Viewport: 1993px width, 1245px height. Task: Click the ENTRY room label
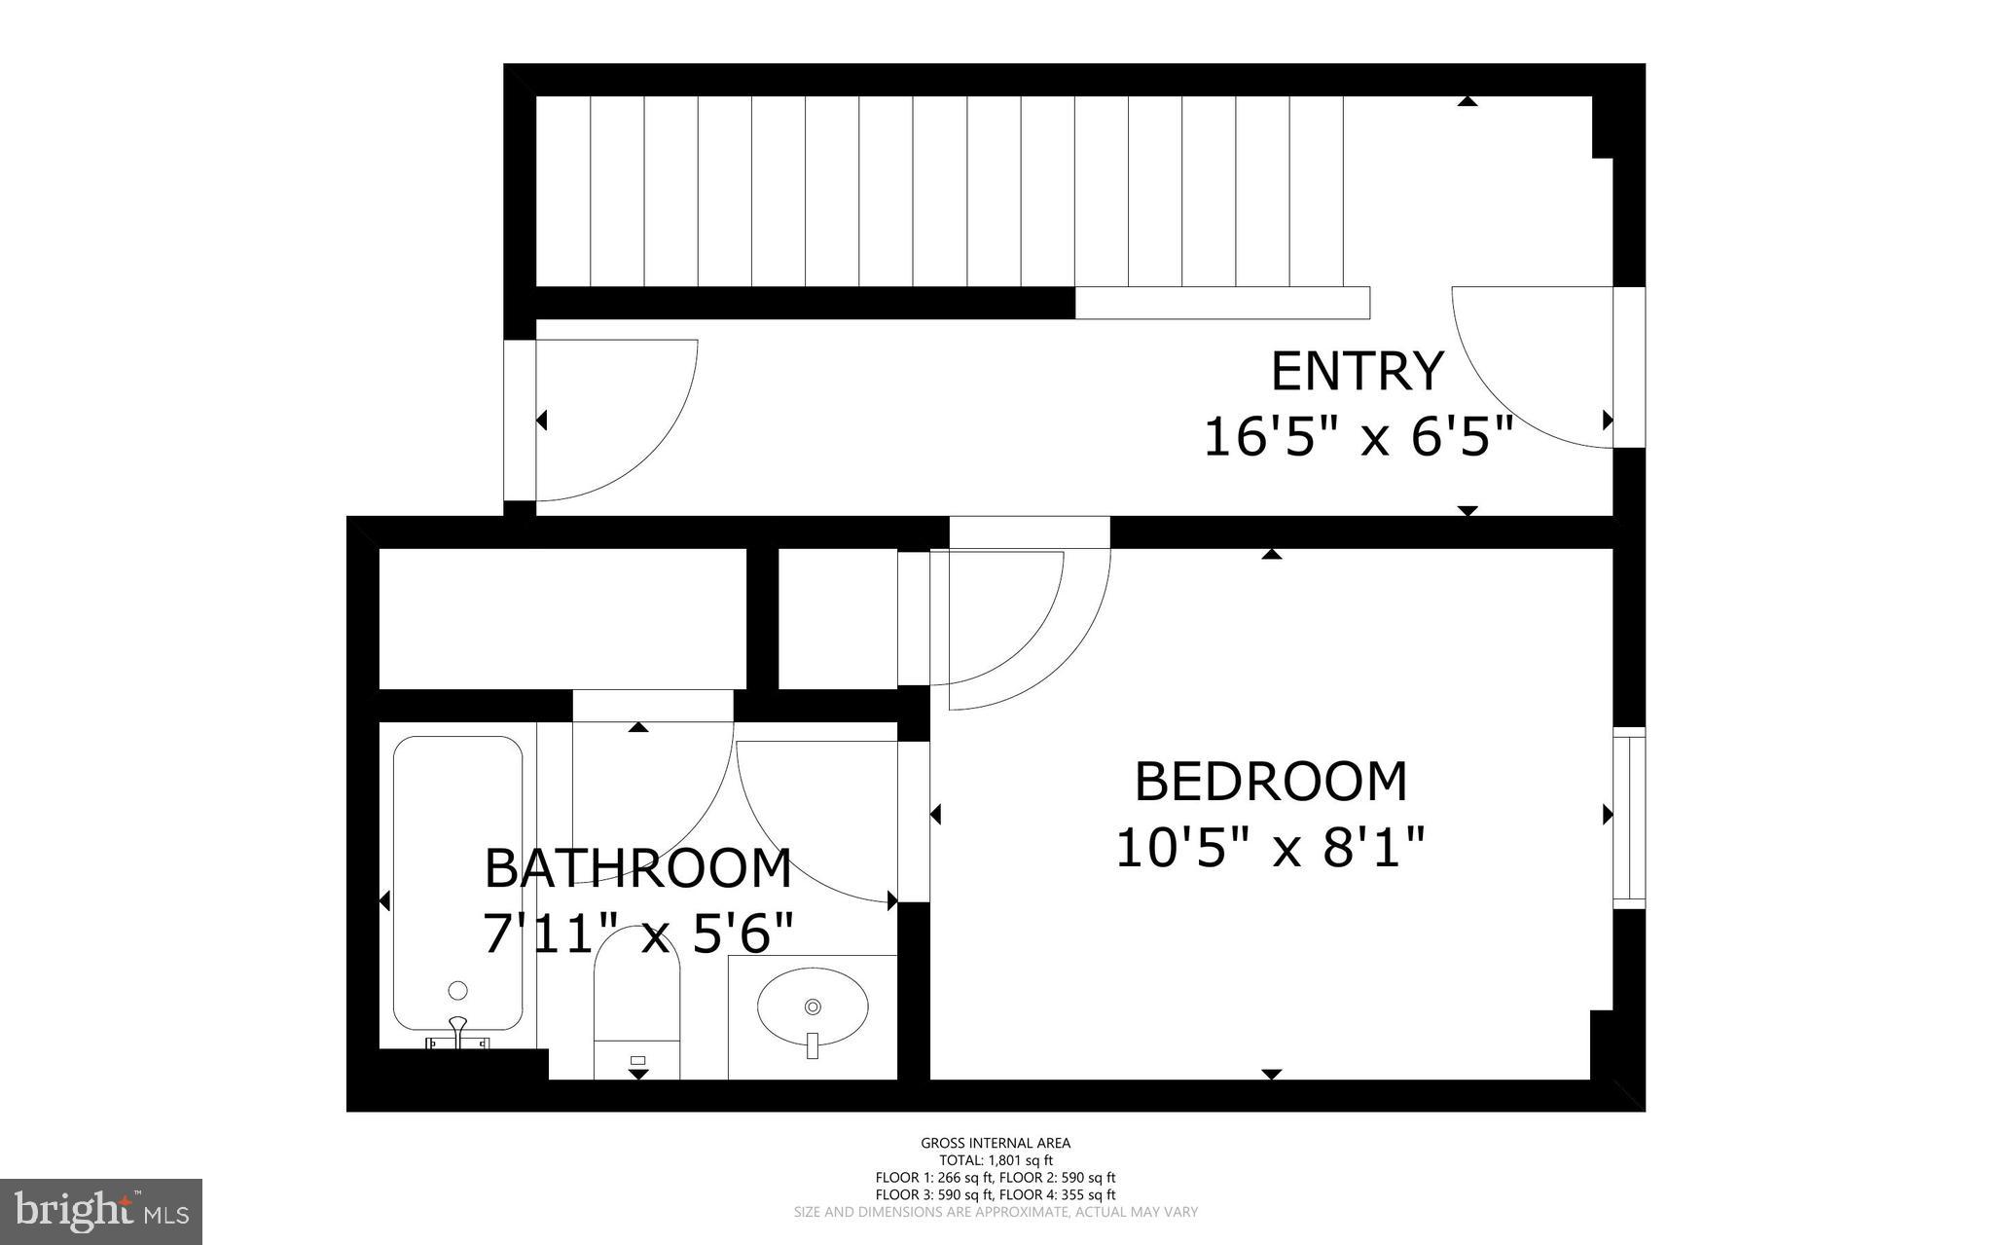[x=1357, y=372]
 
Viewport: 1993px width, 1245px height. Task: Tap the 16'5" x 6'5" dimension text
[x=1359, y=437]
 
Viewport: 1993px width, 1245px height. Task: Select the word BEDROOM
[x=1270, y=782]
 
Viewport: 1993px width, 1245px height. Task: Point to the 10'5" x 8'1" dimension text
[x=1270, y=847]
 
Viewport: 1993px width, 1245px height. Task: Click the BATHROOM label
[x=637, y=869]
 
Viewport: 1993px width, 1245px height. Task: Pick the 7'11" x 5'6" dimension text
[x=637, y=934]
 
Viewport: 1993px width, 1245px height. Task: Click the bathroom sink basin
[x=813, y=1007]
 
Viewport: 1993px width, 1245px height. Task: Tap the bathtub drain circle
[x=457, y=991]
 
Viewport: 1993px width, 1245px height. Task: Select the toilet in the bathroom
[x=636, y=1003]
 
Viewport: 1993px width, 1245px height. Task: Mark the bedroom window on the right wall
[x=1628, y=818]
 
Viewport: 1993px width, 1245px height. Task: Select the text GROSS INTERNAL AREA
[x=996, y=1143]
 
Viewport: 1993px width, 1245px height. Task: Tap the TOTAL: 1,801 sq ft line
[x=996, y=1160]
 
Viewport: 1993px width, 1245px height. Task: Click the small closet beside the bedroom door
[x=837, y=618]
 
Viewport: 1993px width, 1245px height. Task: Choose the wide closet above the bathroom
[x=562, y=618]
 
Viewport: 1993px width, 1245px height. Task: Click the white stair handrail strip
[x=1222, y=303]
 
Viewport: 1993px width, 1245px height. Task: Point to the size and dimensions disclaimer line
[x=996, y=1212]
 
